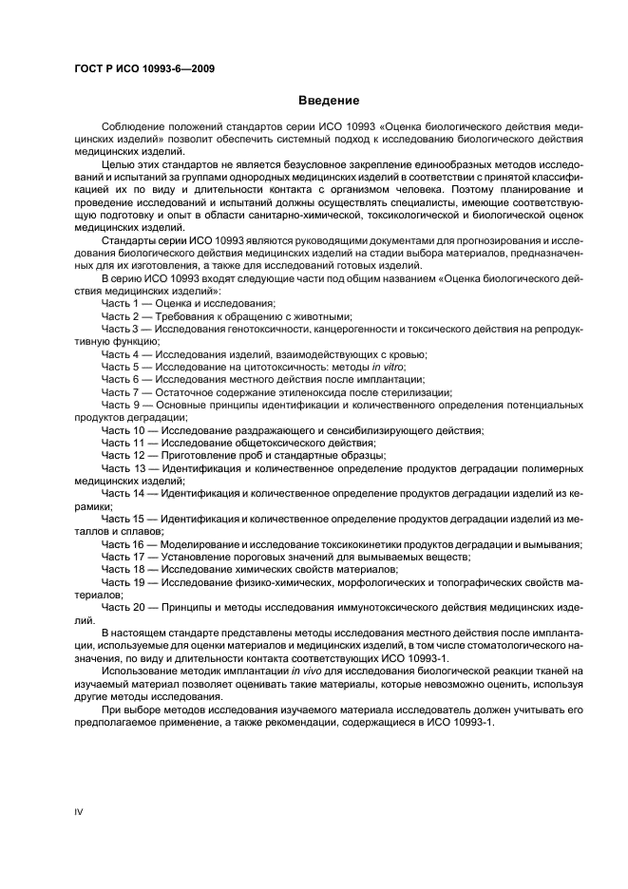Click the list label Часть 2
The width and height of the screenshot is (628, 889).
(x=121, y=314)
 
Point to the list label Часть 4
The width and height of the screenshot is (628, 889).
(x=121, y=353)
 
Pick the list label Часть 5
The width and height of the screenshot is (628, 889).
(x=121, y=366)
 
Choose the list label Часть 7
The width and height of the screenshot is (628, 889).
(x=121, y=392)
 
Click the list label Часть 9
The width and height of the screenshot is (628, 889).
(x=121, y=405)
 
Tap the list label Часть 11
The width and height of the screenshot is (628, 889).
(x=124, y=444)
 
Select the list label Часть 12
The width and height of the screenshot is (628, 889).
(x=124, y=456)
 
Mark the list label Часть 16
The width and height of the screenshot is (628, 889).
(x=124, y=544)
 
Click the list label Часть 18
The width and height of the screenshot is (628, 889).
(x=124, y=569)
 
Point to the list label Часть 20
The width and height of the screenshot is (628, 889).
(x=124, y=607)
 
